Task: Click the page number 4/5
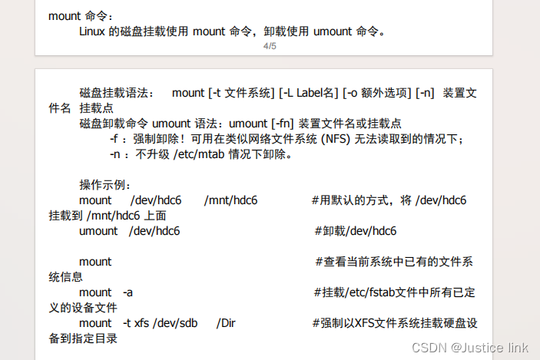270,46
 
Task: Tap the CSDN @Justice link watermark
470,348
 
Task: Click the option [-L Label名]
309,93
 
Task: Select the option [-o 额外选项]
376,93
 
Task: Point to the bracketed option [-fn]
283,124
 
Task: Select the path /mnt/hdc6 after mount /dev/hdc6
230,200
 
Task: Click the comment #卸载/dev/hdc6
356,231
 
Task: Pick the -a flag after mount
128,292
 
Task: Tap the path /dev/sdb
175,323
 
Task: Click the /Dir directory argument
226,323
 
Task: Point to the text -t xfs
136,323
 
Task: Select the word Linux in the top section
91,31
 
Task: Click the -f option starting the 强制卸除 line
114,139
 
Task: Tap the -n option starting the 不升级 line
115,154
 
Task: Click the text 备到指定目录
83,339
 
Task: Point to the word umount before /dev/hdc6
98,231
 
